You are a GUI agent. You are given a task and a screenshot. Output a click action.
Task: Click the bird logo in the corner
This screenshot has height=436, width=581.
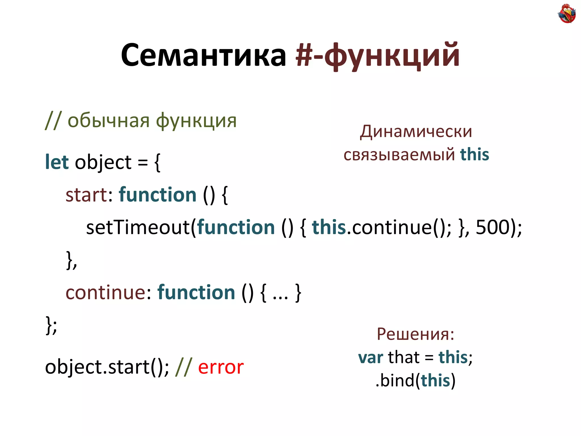point(567,13)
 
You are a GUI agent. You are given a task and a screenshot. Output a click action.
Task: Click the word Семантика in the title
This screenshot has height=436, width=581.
point(203,55)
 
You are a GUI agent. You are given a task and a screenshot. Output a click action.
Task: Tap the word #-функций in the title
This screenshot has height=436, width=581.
point(377,55)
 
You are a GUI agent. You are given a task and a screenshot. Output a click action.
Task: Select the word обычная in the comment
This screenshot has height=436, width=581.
point(108,120)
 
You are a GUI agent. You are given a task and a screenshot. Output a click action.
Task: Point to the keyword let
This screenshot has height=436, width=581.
point(57,162)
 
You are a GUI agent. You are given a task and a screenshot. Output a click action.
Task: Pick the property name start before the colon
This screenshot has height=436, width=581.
point(86,195)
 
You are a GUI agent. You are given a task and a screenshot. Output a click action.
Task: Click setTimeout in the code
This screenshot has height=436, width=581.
point(138,227)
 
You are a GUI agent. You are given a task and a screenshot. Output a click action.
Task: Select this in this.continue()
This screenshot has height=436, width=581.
point(329,227)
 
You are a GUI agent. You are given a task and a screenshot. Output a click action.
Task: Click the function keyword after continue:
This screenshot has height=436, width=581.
point(196,292)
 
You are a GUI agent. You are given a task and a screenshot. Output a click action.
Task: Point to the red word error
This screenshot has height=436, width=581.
point(221,367)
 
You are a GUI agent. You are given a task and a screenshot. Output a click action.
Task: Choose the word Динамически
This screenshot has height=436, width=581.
point(416,131)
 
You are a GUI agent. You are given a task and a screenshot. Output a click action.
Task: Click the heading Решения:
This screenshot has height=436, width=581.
point(415,334)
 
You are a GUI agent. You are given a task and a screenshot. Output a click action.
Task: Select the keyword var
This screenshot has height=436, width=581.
point(371,357)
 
